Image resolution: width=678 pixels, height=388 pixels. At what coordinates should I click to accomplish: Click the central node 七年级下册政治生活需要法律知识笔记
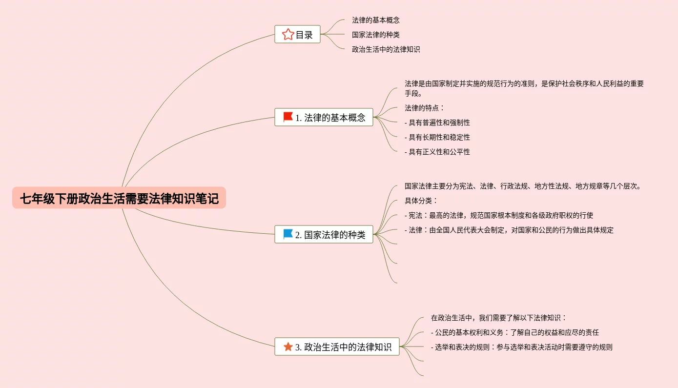119,198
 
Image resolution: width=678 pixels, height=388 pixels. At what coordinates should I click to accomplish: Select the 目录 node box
298,35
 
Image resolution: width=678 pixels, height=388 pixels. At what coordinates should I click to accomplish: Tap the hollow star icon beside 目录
288,35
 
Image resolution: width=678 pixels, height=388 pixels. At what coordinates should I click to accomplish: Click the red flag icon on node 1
288,117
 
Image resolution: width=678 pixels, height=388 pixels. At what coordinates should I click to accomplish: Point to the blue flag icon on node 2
288,234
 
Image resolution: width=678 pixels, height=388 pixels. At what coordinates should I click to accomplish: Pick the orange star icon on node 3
288,347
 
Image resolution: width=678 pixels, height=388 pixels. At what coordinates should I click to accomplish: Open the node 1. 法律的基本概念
324,117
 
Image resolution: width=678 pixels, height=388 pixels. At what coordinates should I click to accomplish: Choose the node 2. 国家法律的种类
324,234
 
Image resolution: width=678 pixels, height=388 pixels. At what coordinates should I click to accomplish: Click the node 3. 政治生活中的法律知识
337,347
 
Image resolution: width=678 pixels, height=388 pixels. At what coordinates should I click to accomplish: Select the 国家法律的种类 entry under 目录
376,35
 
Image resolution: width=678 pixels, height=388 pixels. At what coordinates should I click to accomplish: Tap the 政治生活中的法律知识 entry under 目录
386,49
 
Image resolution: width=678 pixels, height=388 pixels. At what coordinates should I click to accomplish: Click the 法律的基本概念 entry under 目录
376,20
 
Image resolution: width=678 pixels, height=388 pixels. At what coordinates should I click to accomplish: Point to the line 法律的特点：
425,108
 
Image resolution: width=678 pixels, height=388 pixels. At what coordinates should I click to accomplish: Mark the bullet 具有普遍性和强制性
437,123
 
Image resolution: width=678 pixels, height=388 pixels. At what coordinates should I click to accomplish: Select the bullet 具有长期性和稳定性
437,137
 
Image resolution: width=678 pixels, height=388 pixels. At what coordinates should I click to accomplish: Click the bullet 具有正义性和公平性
437,152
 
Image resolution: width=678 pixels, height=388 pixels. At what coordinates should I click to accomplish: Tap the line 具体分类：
421,201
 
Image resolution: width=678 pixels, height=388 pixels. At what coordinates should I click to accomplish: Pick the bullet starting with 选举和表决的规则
521,347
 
